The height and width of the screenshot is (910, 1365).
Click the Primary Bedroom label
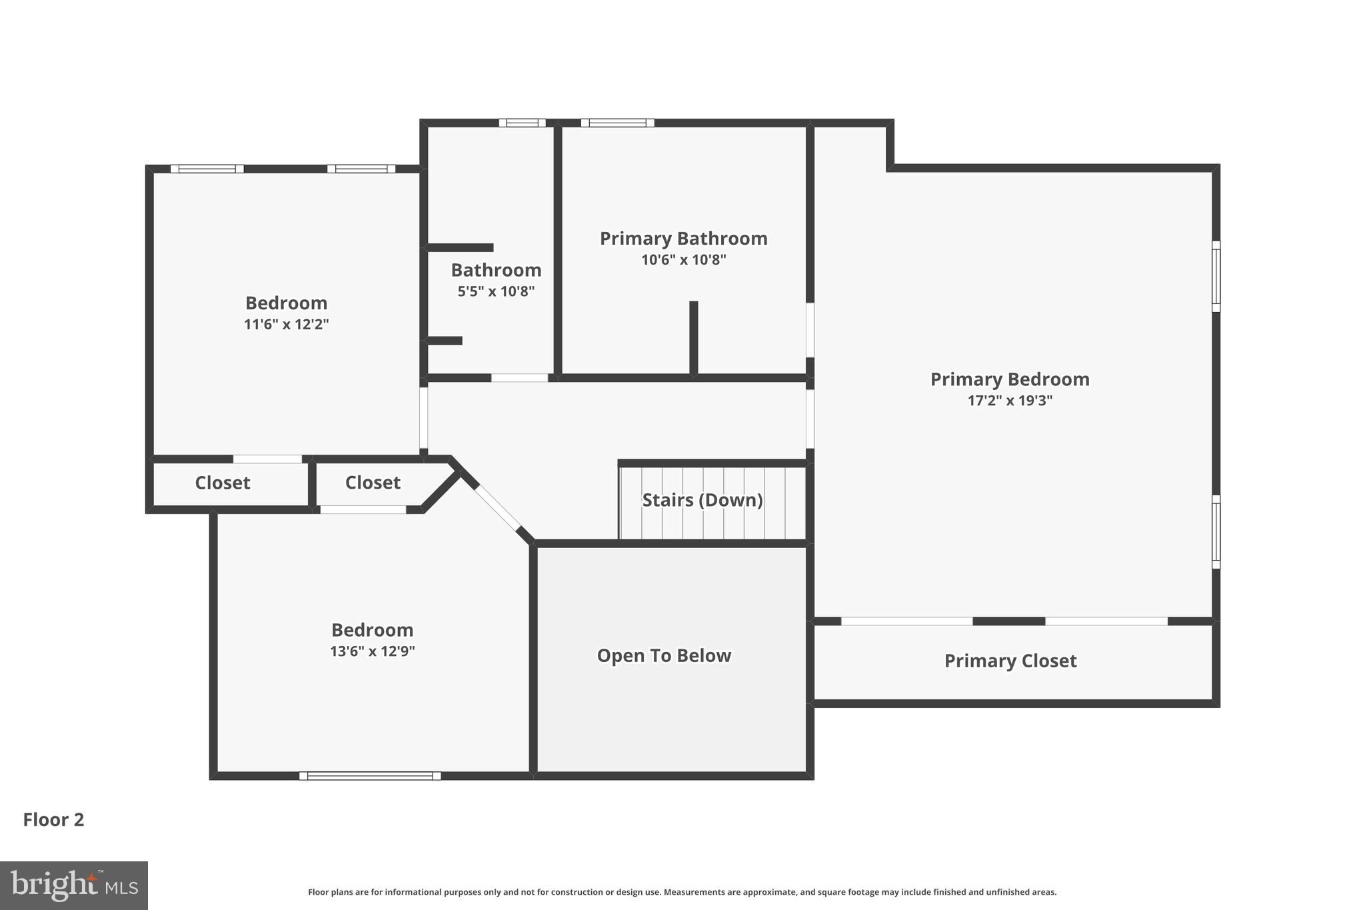1010,379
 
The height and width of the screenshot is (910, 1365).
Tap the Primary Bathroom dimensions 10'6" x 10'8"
683,260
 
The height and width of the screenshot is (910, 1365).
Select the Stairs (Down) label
702,500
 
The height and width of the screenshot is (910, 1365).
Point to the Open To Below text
664,656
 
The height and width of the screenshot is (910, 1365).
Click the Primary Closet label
1010,661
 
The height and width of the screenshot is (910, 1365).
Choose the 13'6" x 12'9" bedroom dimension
373,651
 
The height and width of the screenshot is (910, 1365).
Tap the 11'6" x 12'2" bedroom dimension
287,325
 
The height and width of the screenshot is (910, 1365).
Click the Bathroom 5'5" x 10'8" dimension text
496,291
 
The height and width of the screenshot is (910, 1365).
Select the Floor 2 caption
53,819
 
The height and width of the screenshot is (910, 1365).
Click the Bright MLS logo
74,885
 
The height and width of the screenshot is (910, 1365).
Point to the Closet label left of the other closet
223,483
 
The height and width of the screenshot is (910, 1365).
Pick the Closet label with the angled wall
373,483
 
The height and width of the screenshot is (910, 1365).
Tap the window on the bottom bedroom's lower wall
370,775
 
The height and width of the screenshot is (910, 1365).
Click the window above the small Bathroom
523,123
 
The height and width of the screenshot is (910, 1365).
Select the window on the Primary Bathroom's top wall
617,123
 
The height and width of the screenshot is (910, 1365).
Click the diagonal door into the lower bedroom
497,507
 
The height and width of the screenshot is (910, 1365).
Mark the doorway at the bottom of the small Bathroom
520,378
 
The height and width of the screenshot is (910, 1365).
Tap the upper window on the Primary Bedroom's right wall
1216,276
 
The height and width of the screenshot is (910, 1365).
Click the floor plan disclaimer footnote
682,892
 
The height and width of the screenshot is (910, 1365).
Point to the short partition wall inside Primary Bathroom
693,337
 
